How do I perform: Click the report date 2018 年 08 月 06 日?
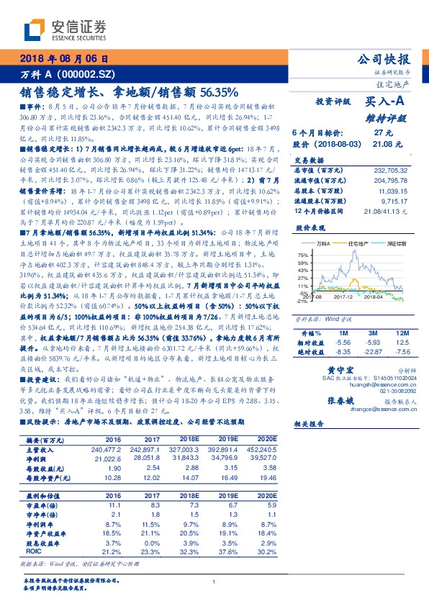pos(66,60)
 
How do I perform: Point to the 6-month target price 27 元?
pos(382,133)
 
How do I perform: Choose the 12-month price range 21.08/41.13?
pos(389,210)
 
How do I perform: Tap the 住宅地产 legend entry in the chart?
pos(358,245)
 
